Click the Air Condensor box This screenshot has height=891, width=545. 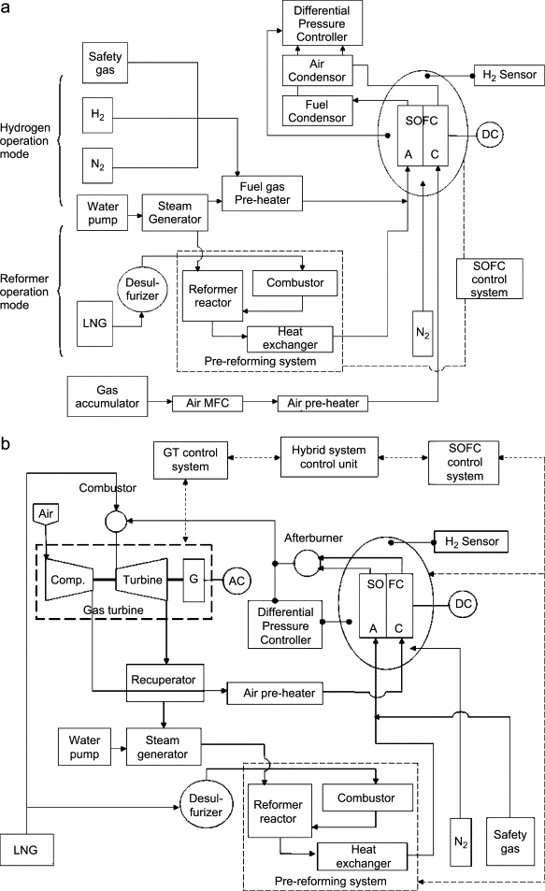[x=317, y=70]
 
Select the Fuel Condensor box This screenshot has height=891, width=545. [x=317, y=111]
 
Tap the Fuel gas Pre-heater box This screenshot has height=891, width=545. [x=262, y=194]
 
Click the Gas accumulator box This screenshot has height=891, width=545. [x=108, y=396]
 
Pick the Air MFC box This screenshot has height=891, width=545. [x=208, y=404]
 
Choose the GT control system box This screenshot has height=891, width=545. [x=191, y=460]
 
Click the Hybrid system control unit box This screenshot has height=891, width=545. [x=329, y=457]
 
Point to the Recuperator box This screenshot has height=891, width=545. [x=164, y=682]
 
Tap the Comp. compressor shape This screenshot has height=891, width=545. [x=67, y=579]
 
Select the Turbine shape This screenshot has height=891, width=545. [x=142, y=579]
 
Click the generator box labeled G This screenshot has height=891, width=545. [x=194, y=580]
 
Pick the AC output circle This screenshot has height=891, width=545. [x=237, y=581]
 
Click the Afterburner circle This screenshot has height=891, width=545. [x=308, y=563]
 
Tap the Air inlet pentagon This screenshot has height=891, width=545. [x=46, y=514]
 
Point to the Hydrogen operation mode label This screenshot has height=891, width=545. [x=25, y=140]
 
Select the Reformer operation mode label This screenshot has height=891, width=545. [x=24, y=292]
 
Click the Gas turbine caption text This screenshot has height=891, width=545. [x=113, y=610]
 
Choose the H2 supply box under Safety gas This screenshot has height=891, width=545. [x=97, y=115]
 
